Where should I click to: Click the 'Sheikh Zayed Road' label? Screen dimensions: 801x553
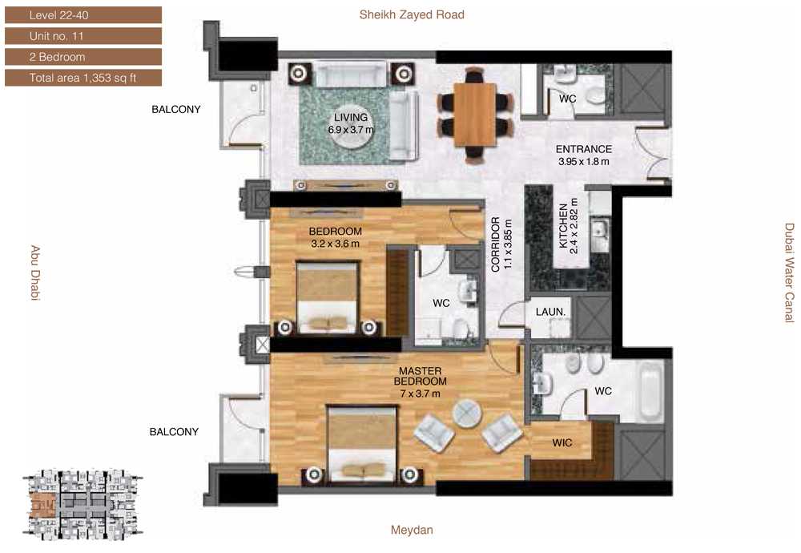coord(412,14)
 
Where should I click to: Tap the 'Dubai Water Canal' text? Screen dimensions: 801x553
coord(790,273)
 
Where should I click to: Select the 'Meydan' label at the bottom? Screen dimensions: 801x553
coord(412,530)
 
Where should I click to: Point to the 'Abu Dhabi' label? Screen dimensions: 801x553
coord(35,273)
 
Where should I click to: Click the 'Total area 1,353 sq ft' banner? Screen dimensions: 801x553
coord(83,78)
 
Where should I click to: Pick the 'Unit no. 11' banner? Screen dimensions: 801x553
coord(83,36)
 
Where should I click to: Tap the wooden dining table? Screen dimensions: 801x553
coord(475,115)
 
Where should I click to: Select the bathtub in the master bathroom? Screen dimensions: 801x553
coord(650,390)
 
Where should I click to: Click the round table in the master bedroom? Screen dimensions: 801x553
coord(466,414)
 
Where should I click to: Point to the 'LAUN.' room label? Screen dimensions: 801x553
coord(551,312)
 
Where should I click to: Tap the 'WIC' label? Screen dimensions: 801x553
coord(562,442)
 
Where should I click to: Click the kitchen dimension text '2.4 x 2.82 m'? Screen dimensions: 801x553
coord(574,225)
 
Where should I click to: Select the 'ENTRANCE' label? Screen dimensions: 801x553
coord(584,149)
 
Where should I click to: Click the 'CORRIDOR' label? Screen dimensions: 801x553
coord(496,244)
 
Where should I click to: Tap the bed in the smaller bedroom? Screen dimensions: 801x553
coord(327,297)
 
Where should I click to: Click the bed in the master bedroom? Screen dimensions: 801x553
coord(362,444)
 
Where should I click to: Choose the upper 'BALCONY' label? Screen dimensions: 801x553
coord(176,109)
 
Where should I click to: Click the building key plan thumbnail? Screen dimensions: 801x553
coord(83,506)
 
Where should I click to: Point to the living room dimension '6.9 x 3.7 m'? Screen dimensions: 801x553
coord(351,130)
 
